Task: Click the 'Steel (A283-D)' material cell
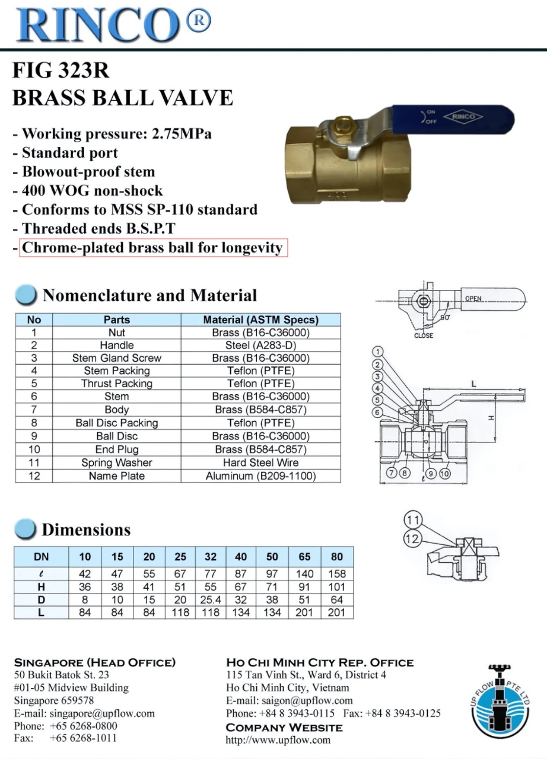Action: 260,345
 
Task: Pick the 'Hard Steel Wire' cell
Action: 260,463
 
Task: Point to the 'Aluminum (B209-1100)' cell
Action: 260,476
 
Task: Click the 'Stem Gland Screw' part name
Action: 117,358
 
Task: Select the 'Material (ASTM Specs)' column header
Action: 260,320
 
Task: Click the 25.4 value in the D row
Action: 211,599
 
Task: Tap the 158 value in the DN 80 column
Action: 336,574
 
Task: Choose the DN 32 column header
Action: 211,557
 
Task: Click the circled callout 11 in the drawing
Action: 413,521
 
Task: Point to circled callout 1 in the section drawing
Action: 379,352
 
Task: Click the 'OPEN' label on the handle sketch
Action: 473,298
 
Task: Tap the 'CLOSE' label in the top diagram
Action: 423,336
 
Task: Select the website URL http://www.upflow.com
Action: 278,739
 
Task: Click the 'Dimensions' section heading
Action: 86,530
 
